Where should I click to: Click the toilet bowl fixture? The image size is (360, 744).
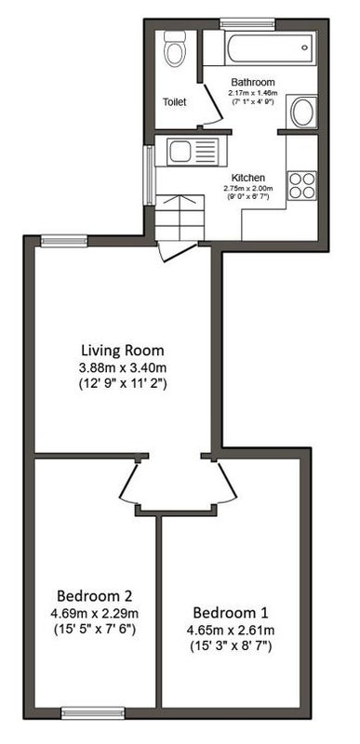tap(174, 49)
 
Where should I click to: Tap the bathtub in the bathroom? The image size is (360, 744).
tap(270, 48)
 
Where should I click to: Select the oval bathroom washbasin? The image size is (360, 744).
tap(303, 113)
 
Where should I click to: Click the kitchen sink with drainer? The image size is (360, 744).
tap(193, 152)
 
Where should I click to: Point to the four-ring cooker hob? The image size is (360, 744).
tap(302, 185)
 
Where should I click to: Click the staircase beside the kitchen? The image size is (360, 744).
tap(180, 218)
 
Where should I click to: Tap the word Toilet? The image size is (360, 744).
tap(175, 101)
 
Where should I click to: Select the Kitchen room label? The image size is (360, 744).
tap(248, 178)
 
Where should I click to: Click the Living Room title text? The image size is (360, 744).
tap(123, 351)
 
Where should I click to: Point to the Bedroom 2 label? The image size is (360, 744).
tap(94, 595)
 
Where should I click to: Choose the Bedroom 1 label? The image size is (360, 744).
tap(230, 612)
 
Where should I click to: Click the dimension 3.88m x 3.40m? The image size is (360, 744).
tap(123, 367)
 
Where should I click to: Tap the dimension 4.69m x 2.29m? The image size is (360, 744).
tap(94, 613)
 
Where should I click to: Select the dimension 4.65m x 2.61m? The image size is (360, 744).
tap(231, 631)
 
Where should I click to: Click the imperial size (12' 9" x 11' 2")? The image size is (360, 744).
tap(123, 384)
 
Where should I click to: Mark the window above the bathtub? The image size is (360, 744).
tap(247, 22)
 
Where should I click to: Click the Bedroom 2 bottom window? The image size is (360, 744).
tap(93, 713)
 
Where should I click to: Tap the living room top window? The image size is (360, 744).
tap(64, 241)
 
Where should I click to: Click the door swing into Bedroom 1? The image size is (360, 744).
tap(228, 483)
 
